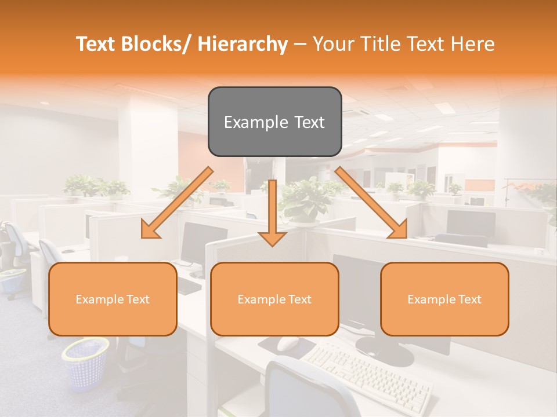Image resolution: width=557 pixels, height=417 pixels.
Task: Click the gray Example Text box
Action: click(x=274, y=122)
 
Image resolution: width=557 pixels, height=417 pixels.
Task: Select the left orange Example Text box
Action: click(x=113, y=299)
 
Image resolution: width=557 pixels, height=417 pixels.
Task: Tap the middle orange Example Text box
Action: click(x=274, y=299)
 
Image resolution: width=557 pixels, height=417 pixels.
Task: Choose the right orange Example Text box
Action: click(x=444, y=299)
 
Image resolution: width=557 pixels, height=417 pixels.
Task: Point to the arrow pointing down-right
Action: click(x=372, y=203)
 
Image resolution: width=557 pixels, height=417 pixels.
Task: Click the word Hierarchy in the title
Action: click(x=243, y=44)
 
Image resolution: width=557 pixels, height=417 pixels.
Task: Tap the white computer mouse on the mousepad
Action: click(x=287, y=343)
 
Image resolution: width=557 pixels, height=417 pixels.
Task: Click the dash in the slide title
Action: click(x=300, y=44)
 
